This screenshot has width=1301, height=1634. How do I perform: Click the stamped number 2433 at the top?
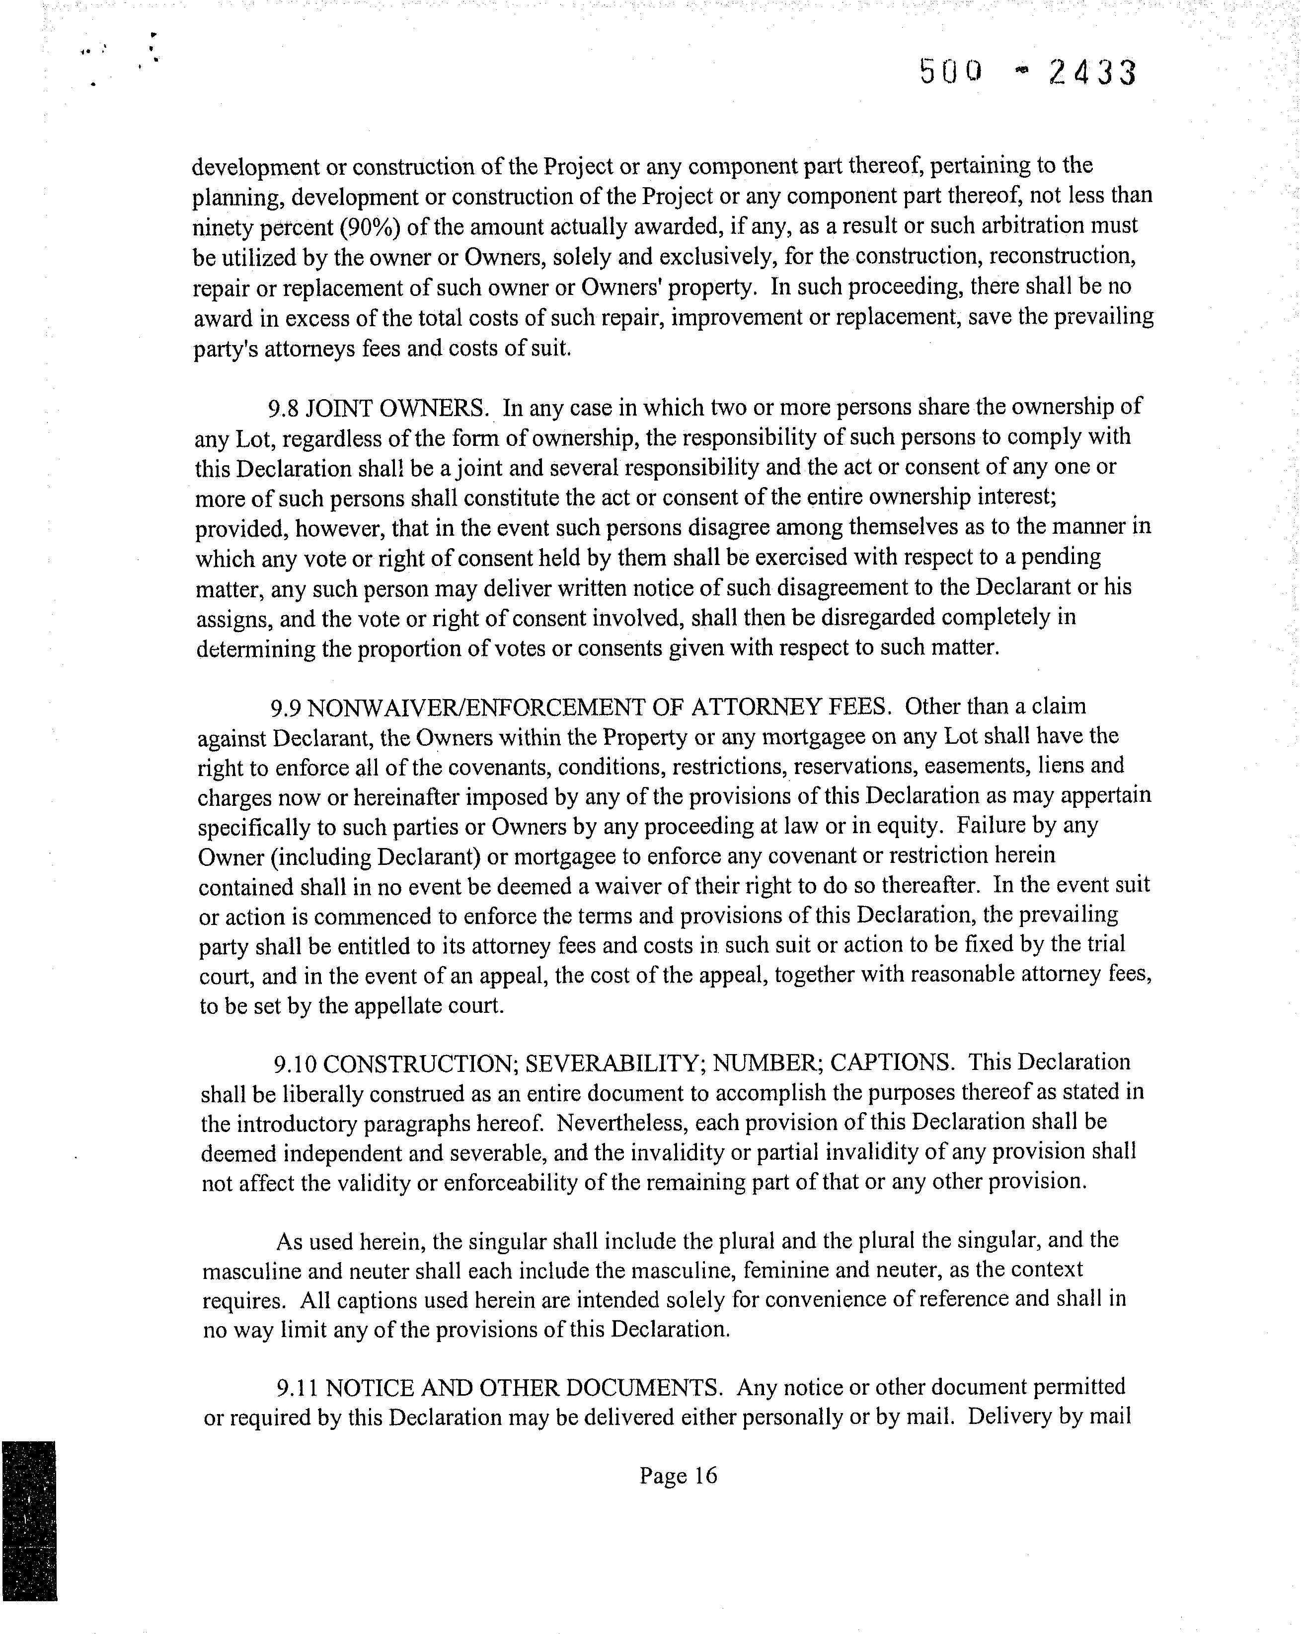tap(1092, 73)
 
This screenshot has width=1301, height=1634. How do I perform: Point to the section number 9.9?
tap(286, 707)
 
